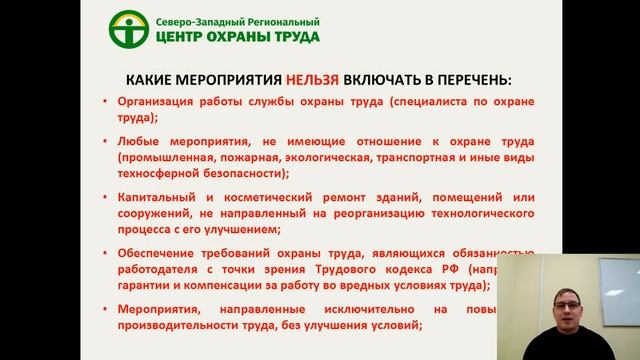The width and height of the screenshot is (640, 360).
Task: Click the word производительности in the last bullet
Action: pos(177,324)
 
